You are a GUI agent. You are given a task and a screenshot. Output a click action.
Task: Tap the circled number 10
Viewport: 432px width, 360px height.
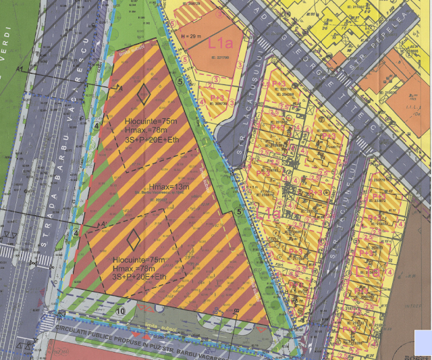tap(120, 311)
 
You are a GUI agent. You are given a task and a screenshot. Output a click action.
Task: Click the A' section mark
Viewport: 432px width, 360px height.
tap(103, 224)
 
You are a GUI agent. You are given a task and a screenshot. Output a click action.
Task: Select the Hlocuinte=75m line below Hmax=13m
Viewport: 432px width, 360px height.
tap(139, 260)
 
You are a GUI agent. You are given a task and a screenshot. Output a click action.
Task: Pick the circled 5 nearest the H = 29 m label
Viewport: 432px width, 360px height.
tap(180, 82)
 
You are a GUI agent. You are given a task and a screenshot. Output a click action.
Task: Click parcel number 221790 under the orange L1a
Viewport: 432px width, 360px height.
tap(220, 58)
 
